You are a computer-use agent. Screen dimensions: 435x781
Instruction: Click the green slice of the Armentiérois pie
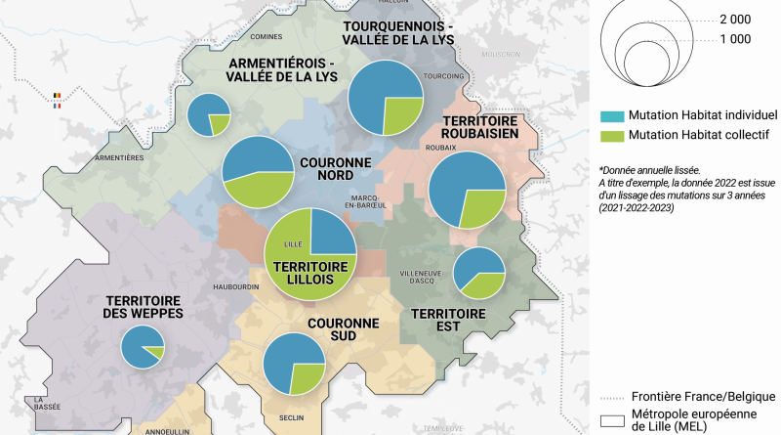click(221, 123)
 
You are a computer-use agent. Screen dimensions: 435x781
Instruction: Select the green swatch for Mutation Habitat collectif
click(613, 134)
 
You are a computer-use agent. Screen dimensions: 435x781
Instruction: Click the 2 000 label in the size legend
click(735, 20)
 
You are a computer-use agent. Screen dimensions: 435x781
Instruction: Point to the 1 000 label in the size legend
click(735, 39)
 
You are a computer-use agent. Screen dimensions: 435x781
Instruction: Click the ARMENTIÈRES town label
click(121, 157)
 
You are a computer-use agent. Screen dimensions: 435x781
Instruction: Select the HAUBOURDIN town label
click(236, 286)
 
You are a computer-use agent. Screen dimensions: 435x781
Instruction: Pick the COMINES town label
click(266, 37)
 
